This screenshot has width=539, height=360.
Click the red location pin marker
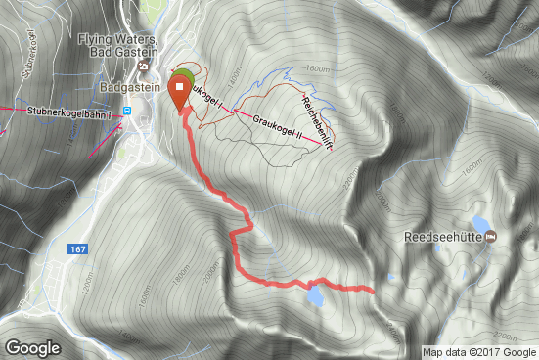point(181,93)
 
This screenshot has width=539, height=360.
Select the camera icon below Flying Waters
point(144,67)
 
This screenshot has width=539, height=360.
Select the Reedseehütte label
point(444,237)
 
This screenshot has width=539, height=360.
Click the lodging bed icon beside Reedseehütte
point(491,237)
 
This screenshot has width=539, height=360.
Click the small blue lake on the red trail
point(315,292)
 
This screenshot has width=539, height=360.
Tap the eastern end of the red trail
point(374,290)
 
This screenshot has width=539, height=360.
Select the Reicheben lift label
point(319,121)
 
